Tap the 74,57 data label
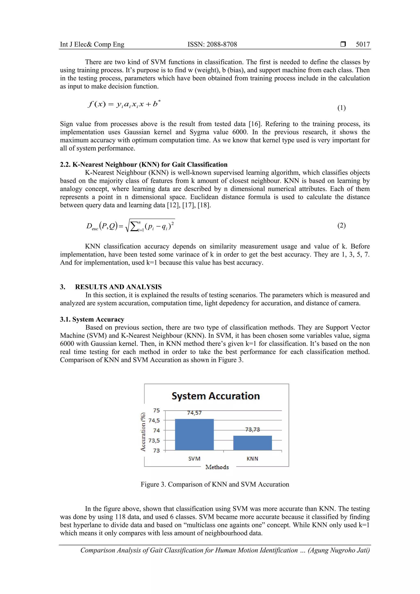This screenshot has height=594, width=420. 194,413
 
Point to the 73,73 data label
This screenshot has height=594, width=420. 252,430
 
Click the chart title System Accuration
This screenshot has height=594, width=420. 216,396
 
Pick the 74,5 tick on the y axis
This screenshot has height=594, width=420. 154,420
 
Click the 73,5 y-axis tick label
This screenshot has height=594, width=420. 154,441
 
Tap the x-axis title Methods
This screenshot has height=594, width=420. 217,467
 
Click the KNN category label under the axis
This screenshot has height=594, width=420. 252,459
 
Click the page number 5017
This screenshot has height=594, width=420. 363,45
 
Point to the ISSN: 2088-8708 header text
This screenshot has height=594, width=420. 212,45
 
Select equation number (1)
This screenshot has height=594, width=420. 341,108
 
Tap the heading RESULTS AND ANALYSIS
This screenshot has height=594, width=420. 118,287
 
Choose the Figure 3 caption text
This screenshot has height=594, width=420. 215,484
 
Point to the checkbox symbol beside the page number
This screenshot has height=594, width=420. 343,45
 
